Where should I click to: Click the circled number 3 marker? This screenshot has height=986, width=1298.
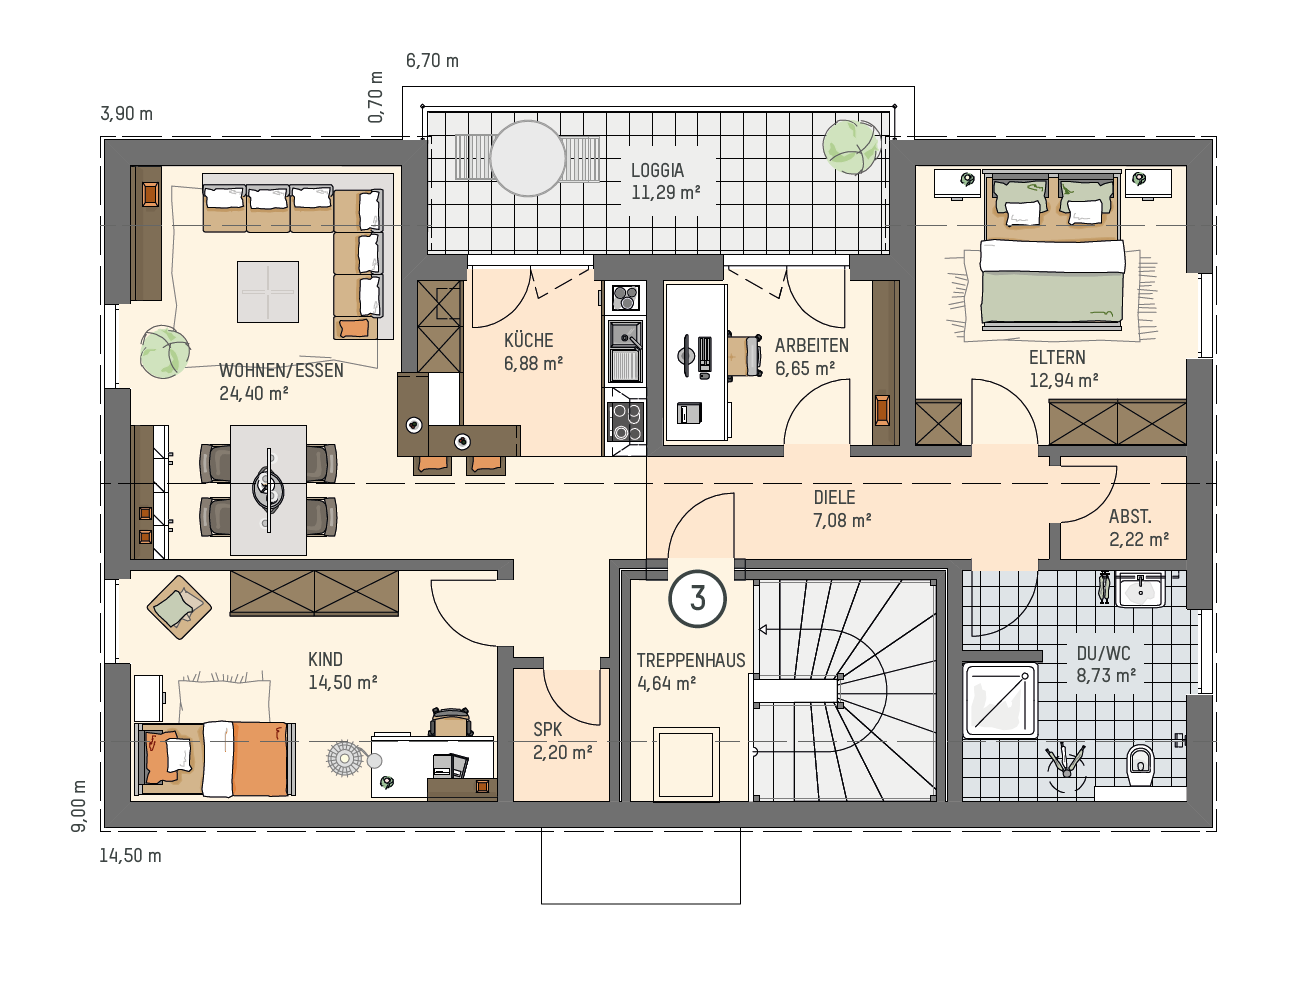tap(697, 598)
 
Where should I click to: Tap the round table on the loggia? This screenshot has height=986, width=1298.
tap(527, 158)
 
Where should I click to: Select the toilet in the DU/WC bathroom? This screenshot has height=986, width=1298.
tap(1140, 766)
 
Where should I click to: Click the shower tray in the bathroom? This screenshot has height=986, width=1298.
tap(1000, 700)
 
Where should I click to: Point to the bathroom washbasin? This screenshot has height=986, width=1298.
tap(1140, 589)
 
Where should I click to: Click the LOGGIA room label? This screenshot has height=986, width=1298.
tap(657, 170)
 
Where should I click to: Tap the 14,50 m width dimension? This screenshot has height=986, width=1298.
tap(130, 855)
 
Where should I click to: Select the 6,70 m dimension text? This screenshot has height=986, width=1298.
tap(432, 60)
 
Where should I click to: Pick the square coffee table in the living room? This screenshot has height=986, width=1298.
tap(268, 292)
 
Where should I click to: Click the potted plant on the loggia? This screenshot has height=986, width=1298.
tap(851, 147)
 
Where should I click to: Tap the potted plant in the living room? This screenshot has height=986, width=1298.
tap(165, 351)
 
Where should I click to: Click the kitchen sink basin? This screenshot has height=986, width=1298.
tap(625, 335)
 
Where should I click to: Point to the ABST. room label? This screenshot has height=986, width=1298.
tap(1130, 516)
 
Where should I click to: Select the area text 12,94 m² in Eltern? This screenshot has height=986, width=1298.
tap(1063, 380)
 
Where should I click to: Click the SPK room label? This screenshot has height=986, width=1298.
tap(547, 729)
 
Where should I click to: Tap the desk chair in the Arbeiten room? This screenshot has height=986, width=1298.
tap(745, 355)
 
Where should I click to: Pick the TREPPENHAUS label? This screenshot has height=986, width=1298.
tap(691, 660)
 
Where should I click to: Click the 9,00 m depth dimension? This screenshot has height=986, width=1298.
tap(78, 806)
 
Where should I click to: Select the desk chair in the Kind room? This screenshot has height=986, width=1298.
tap(452, 722)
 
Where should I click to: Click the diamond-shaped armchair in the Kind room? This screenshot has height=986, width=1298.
tap(179, 607)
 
